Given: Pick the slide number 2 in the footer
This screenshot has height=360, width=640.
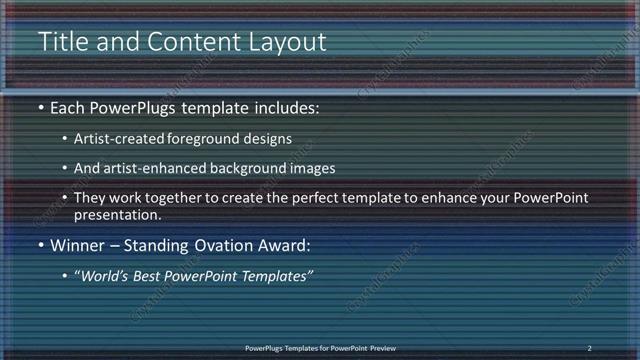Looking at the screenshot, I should coord(589,348).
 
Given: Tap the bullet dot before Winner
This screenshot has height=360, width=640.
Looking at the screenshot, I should coord(40,245).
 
